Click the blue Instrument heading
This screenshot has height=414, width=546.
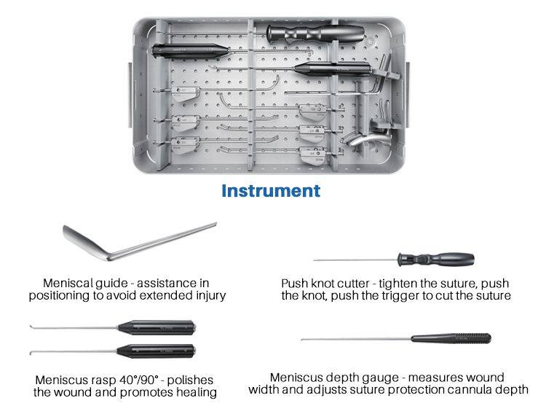click(271, 191)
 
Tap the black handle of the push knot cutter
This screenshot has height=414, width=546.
click(436, 259)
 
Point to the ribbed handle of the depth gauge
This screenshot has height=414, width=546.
click(451, 338)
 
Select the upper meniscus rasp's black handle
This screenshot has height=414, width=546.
click(157, 328)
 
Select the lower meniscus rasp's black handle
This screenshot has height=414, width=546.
click(156, 351)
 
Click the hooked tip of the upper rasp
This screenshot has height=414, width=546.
click(32, 327)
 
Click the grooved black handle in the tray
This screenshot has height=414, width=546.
click(315, 34)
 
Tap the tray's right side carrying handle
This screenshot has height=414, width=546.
click(407, 95)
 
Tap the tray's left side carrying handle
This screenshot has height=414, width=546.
click(130, 95)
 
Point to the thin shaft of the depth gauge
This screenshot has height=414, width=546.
click(356, 339)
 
